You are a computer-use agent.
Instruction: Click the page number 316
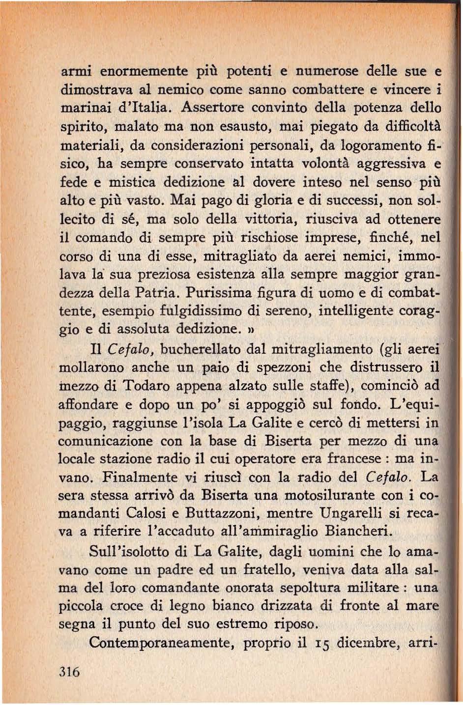pyautogui.click(x=69, y=671)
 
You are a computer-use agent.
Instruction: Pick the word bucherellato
pyautogui.click(x=201, y=349)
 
